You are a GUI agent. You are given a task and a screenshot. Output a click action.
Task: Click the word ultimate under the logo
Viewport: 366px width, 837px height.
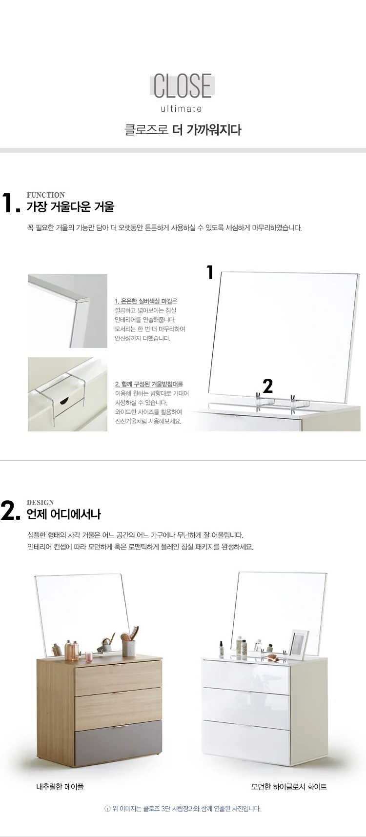click(x=182, y=109)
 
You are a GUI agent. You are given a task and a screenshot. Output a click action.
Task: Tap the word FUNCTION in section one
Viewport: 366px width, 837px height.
click(x=46, y=195)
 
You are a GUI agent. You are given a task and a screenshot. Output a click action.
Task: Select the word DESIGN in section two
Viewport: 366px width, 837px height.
click(x=41, y=502)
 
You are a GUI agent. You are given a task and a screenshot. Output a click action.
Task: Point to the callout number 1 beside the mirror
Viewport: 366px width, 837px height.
click(x=210, y=272)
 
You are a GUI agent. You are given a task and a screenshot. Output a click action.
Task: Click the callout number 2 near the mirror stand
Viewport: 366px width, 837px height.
click(x=268, y=386)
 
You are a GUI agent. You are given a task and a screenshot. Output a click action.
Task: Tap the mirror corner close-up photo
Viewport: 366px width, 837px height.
click(x=67, y=311)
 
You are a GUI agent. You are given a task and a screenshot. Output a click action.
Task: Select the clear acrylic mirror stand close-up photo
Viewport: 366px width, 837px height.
click(x=67, y=394)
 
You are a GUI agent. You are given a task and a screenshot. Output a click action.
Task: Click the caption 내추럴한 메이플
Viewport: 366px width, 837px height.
click(x=60, y=786)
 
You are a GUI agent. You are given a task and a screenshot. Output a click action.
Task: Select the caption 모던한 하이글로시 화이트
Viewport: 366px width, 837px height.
click(x=289, y=786)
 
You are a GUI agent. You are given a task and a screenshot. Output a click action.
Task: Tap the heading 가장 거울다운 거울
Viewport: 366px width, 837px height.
click(x=70, y=207)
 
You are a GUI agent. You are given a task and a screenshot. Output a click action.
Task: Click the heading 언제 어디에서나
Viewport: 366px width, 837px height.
click(x=64, y=514)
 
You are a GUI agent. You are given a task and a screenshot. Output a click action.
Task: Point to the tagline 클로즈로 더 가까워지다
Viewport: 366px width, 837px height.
click(x=183, y=130)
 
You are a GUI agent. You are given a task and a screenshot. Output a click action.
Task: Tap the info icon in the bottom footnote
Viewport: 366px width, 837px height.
click(x=107, y=809)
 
